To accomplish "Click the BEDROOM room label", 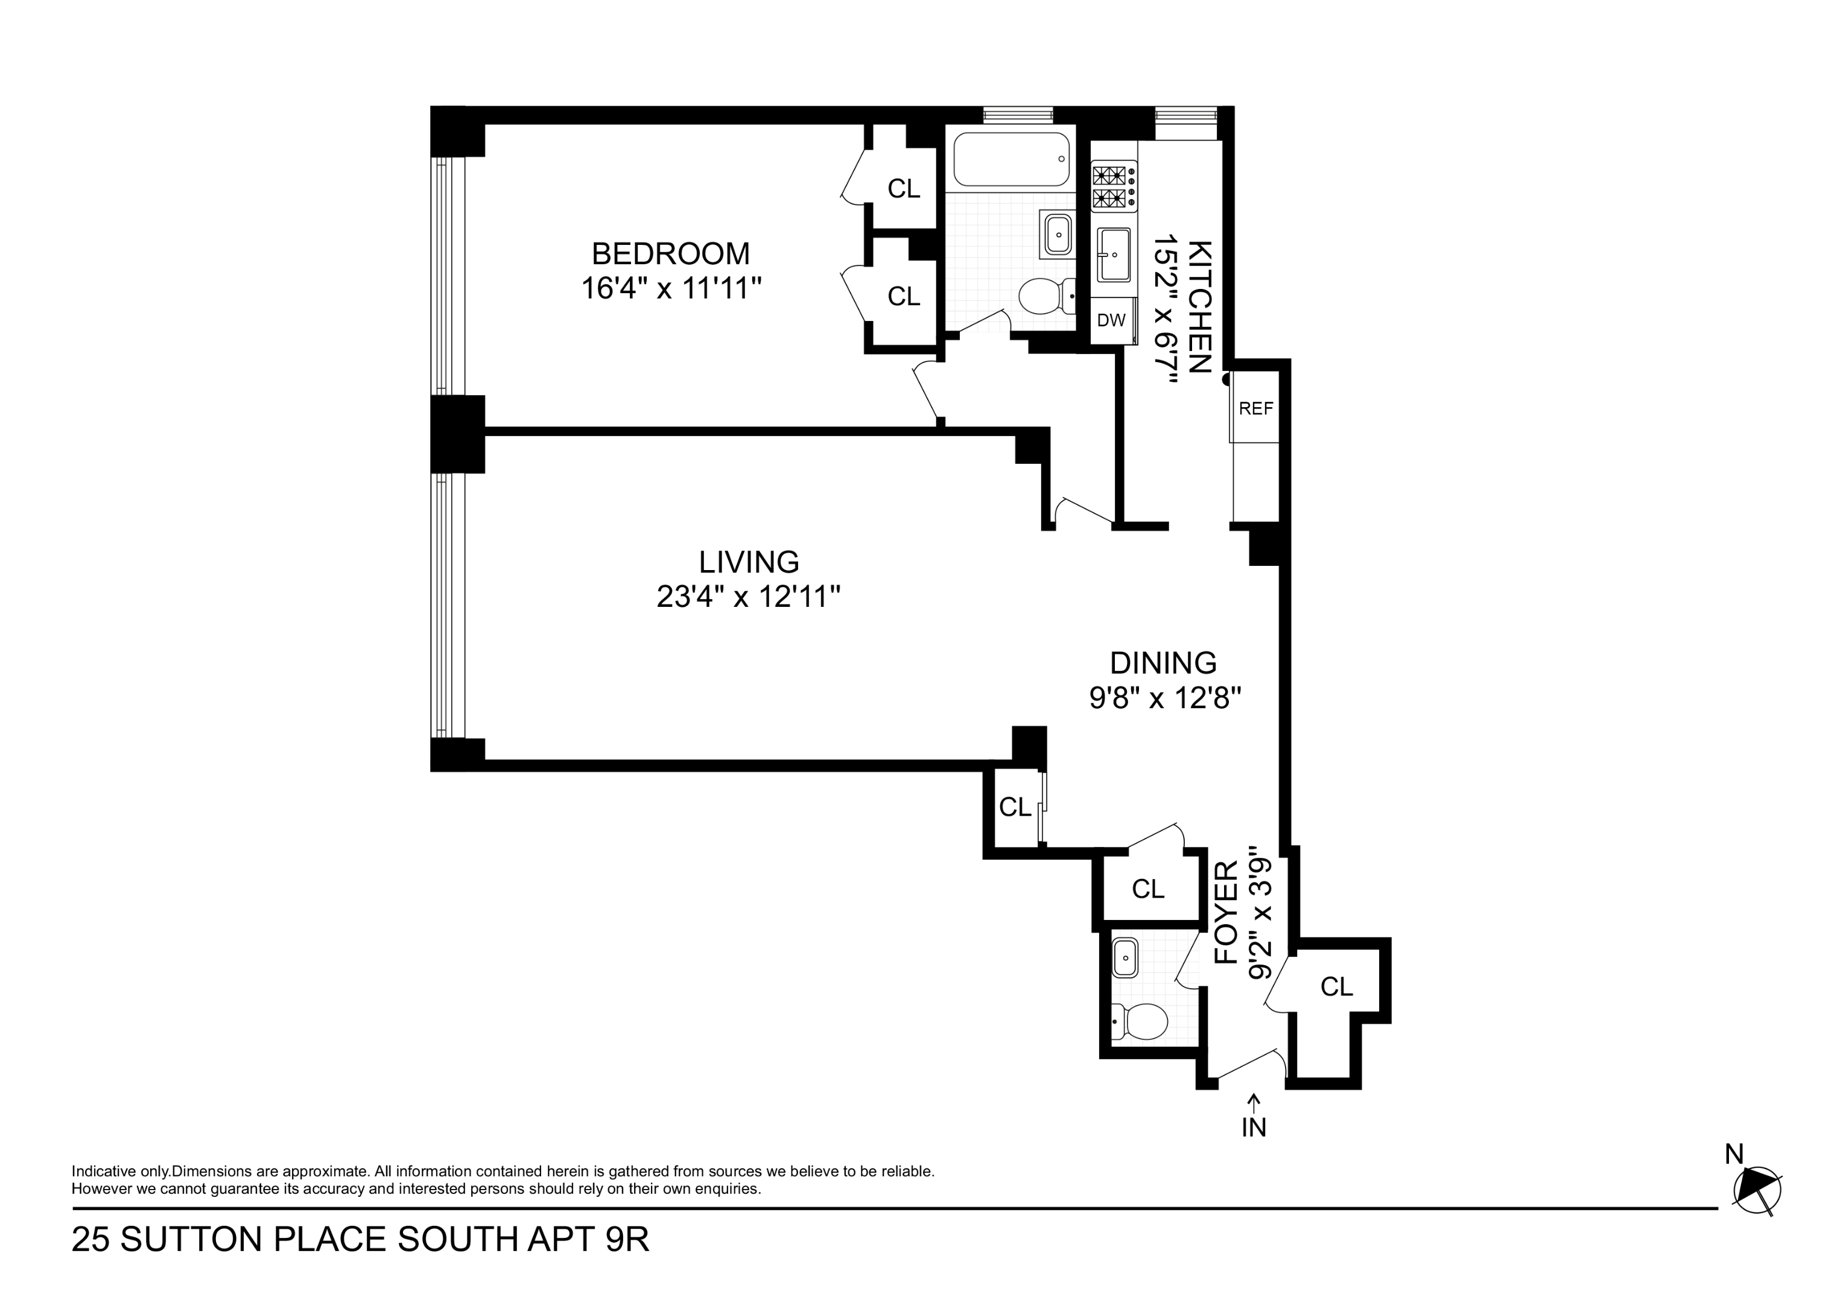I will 670,254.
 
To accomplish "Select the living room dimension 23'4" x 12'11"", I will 748,597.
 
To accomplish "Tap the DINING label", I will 1163,663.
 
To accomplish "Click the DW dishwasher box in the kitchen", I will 1111,321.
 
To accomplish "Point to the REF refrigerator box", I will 1255,408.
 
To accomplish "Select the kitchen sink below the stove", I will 1114,255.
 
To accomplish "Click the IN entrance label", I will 1254,1128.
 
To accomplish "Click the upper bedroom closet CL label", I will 903,189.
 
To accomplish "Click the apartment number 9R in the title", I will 626,1240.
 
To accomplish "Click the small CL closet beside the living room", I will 1015,807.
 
